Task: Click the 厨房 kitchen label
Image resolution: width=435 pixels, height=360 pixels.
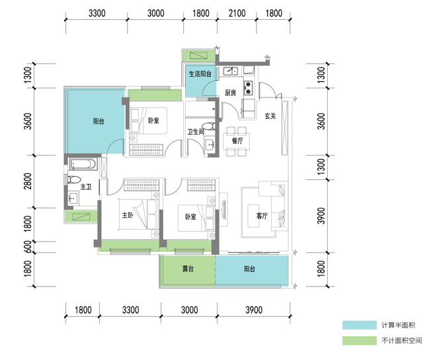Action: (x=230, y=93)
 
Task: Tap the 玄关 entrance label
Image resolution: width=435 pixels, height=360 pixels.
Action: (x=270, y=116)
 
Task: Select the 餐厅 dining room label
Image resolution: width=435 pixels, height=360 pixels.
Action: (x=237, y=141)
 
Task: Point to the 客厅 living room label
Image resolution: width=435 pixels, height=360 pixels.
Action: (x=262, y=216)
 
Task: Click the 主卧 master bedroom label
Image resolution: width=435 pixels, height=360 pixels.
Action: (x=128, y=215)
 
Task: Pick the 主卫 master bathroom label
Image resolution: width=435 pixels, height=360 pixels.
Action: (x=86, y=187)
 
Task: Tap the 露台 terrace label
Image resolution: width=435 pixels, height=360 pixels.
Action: (x=188, y=269)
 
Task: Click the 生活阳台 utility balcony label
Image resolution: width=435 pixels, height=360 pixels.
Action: (x=200, y=74)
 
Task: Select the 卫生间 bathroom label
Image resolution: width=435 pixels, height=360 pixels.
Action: (x=196, y=132)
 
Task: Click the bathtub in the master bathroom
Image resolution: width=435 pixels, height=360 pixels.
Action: (x=83, y=164)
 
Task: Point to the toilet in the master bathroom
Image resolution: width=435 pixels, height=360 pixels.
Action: (x=73, y=180)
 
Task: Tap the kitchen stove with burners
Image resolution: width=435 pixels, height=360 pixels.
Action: (x=248, y=87)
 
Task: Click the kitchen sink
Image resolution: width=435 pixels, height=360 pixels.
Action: (x=230, y=71)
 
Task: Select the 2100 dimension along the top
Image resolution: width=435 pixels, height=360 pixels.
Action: (x=237, y=13)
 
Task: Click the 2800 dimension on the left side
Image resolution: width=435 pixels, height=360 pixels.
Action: (x=28, y=181)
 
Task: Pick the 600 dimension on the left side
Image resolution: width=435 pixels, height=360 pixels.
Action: (x=28, y=247)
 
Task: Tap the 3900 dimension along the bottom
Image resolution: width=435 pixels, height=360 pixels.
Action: (x=254, y=310)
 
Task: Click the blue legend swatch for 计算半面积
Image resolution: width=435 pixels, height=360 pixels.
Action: (x=359, y=326)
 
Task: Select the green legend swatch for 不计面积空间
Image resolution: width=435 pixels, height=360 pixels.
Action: (x=359, y=341)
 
